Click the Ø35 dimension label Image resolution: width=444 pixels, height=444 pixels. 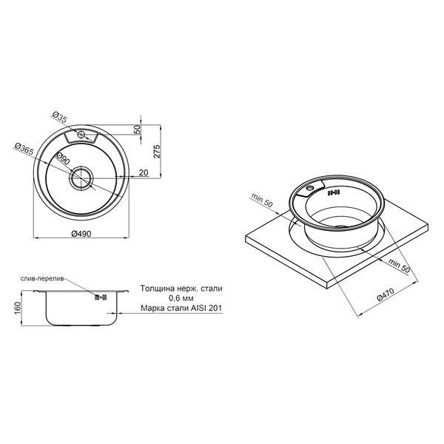(x=60, y=117)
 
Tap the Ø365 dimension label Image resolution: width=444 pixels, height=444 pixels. (x=24, y=149)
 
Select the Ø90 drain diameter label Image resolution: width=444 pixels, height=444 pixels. (x=63, y=158)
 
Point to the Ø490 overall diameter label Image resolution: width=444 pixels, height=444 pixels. (x=81, y=234)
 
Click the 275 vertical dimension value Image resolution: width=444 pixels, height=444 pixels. (x=157, y=151)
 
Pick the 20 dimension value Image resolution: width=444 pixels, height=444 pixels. (x=144, y=172)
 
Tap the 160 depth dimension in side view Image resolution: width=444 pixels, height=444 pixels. (x=18, y=308)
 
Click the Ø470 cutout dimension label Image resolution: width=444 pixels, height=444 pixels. (x=385, y=295)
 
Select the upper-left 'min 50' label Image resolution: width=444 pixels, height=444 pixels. (x=261, y=200)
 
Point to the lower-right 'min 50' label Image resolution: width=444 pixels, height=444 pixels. (x=399, y=266)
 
